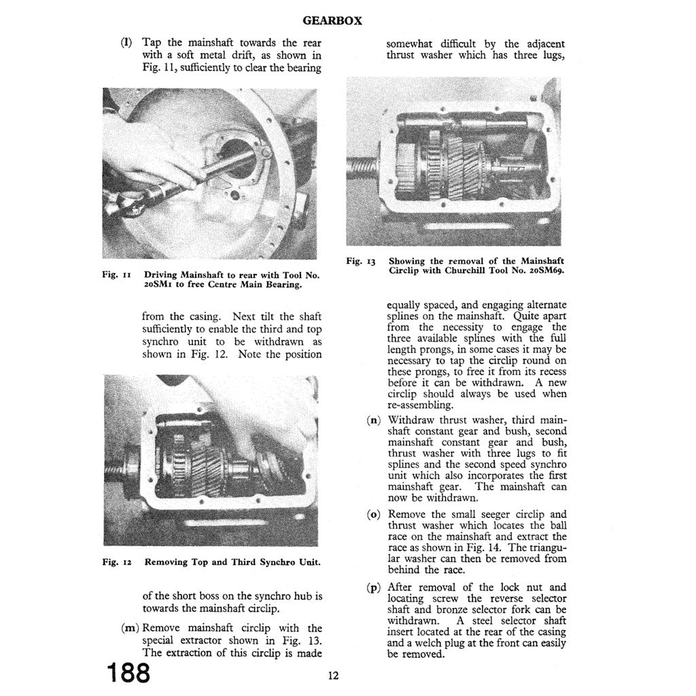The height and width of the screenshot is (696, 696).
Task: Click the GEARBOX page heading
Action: [x=332, y=20]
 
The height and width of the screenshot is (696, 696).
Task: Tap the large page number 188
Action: [x=128, y=673]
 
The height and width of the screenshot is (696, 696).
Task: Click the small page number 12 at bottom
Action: [x=332, y=675]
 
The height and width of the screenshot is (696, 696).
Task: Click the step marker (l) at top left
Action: [x=126, y=42]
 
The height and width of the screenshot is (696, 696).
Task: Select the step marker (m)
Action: [x=129, y=628]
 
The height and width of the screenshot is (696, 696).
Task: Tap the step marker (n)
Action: [x=374, y=420]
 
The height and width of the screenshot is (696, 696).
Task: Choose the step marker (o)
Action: [x=374, y=515]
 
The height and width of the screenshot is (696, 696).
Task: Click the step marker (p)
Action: [x=374, y=587]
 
